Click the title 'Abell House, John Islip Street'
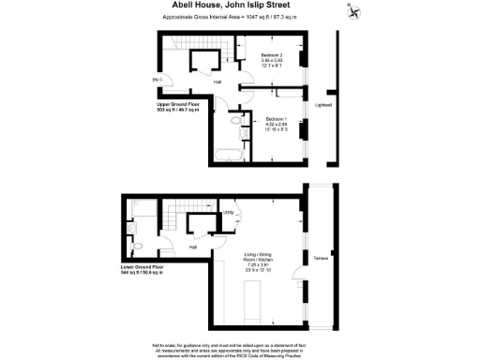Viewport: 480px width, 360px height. coord(239,7)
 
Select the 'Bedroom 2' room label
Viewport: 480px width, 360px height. coord(247,57)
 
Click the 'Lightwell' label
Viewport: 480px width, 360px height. coord(323,104)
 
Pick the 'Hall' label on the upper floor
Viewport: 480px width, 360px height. coord(217,83)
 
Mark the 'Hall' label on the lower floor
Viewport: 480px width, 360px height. coord(192,247)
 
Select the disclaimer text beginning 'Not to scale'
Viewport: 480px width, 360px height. coord(239,348)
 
